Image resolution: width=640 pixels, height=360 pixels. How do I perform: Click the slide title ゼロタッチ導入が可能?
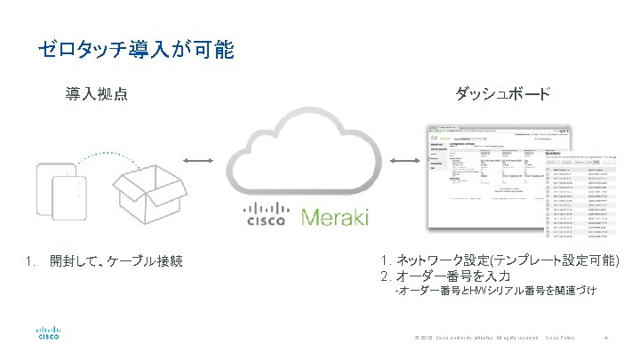135,50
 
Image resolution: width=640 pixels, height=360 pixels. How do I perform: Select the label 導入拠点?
95,93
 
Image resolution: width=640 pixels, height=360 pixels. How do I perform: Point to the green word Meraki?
335,217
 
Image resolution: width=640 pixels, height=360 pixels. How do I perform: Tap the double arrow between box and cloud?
198,161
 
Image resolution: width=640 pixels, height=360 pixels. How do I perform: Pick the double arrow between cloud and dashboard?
405,161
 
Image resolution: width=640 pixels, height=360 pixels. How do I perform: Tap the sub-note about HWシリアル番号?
494,291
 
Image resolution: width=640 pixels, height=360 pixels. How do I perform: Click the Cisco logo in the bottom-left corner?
48,333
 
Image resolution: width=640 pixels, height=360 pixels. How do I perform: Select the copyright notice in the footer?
464,339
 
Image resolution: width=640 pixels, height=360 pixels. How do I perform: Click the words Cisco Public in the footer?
560,339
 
